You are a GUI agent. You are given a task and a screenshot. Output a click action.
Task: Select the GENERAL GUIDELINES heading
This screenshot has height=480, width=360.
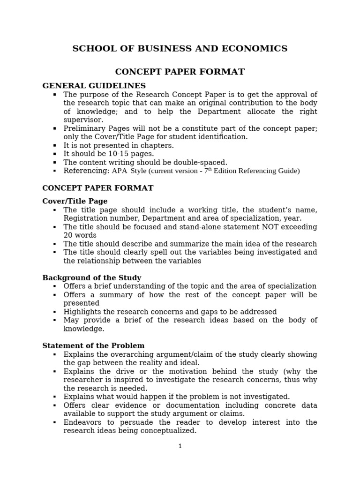pos(94,86)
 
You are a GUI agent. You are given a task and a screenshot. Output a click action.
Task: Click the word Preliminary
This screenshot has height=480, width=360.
pos(83,128)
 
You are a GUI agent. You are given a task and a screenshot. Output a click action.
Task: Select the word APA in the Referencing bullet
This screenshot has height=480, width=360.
pos(120,171)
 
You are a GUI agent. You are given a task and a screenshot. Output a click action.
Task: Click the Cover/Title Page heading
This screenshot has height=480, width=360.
pos(75,201)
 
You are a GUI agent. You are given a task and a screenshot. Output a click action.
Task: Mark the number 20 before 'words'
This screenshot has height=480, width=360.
pos(68,235)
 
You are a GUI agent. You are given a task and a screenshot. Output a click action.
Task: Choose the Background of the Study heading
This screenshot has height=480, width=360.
pos(91,277)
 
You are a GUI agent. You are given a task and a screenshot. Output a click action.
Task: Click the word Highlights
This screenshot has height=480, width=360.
pos(81,312)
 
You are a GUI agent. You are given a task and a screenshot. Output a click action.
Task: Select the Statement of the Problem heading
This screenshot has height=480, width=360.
pos(93,346)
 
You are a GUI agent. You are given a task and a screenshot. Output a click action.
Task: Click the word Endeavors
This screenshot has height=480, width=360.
pos(82,422)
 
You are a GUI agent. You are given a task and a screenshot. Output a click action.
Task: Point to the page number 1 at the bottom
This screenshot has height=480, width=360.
pos(180,446)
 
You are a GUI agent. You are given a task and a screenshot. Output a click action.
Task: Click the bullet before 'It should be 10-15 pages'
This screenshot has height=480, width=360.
pos(55,154)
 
